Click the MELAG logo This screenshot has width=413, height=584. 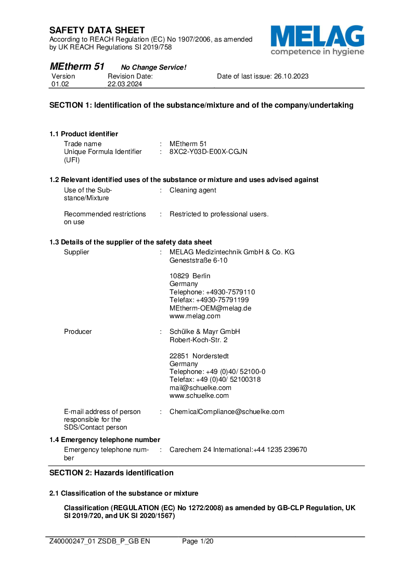click(317, 40)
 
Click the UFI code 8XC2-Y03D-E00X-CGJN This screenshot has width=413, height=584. click(208, 152)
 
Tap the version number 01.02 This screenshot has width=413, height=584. click(59, 84)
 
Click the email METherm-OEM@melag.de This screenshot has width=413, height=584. click(210, 308)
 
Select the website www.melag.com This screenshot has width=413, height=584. click(195, 316)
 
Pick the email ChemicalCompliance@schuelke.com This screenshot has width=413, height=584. click(227, 412)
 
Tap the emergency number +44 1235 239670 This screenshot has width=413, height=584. click(280, 450)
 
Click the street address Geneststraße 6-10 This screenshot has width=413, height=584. click(198, 261)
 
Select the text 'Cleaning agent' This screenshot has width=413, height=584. click(192, 190)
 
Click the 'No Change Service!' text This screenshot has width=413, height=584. click(153, 68)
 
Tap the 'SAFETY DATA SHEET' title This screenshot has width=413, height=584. click(97, 30)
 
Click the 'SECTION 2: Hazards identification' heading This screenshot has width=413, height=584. click(111, 473)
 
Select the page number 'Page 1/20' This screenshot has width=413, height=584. click(198, 541)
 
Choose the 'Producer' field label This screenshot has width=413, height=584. click(78, 332)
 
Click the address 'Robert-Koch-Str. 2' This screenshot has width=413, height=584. click(198, 340)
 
